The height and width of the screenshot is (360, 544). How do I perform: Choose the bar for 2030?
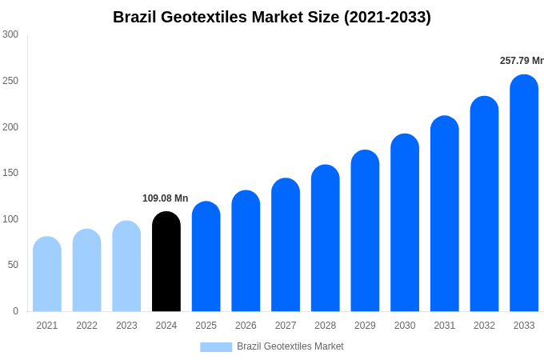click(x=405, y=223)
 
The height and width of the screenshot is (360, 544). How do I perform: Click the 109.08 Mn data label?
click(x=166, y=198)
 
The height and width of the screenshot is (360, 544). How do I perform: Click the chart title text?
click(x=272, y=17)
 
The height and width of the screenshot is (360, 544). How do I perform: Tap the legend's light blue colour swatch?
click(x=216, y=347)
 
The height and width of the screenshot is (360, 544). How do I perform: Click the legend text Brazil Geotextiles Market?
click(x=290, y=346)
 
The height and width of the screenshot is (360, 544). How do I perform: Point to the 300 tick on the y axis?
click(x=10, y=34)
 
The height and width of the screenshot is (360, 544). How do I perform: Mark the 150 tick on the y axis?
click(x=10, y=173)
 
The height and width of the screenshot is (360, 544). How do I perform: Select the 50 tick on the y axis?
click(x=13, y=265)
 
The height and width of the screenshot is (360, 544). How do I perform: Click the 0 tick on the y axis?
click(x=15, y=311)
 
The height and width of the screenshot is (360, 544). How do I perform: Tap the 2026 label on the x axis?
click(x=246, y=326)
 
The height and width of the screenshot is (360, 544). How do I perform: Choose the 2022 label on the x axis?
click(x=86, y=326)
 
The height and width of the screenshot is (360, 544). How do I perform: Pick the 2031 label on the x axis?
click(x=445, y=326)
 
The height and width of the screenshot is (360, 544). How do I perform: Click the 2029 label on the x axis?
click(x=365, y=326)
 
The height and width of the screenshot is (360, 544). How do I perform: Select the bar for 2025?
click(x=206, y=257)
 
